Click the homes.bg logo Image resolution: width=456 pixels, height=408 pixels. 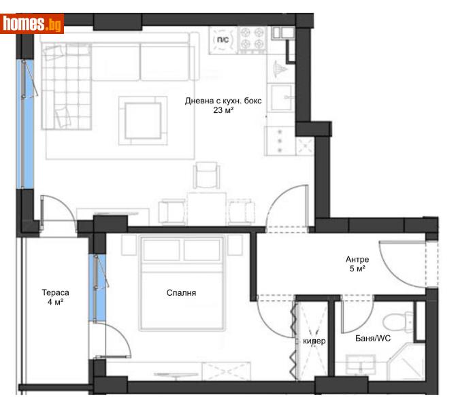point(33,24)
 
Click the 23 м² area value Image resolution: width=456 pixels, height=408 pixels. point(223,111)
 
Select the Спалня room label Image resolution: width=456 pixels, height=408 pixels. point(181,293)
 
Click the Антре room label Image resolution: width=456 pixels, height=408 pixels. point(357,259)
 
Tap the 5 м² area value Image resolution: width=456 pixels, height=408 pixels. point(357,269)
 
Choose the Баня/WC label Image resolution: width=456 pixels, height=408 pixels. point(373,338)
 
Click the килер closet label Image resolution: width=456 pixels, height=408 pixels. point(314,341)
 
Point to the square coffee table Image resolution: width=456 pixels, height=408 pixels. point(143,120)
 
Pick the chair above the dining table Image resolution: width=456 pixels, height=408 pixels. point(207,177)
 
